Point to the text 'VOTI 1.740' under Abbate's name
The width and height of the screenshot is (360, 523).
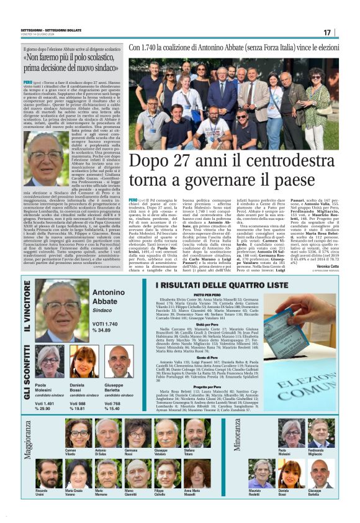104,324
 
